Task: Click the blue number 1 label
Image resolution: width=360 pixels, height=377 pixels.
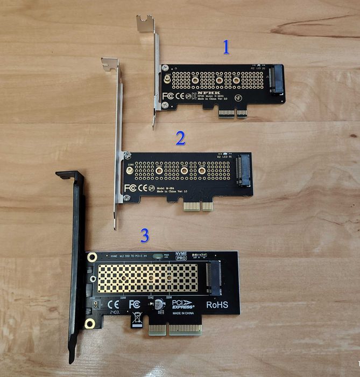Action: pos(227,48)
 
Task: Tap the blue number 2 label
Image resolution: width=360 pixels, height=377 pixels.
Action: pos(180,138)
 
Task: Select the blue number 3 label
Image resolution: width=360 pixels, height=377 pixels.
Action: pos(145,235)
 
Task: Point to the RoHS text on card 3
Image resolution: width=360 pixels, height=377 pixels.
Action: pos(217,305)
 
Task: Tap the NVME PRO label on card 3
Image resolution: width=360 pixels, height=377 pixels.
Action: pos(181,257)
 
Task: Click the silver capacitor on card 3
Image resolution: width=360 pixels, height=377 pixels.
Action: pos(160,304)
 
